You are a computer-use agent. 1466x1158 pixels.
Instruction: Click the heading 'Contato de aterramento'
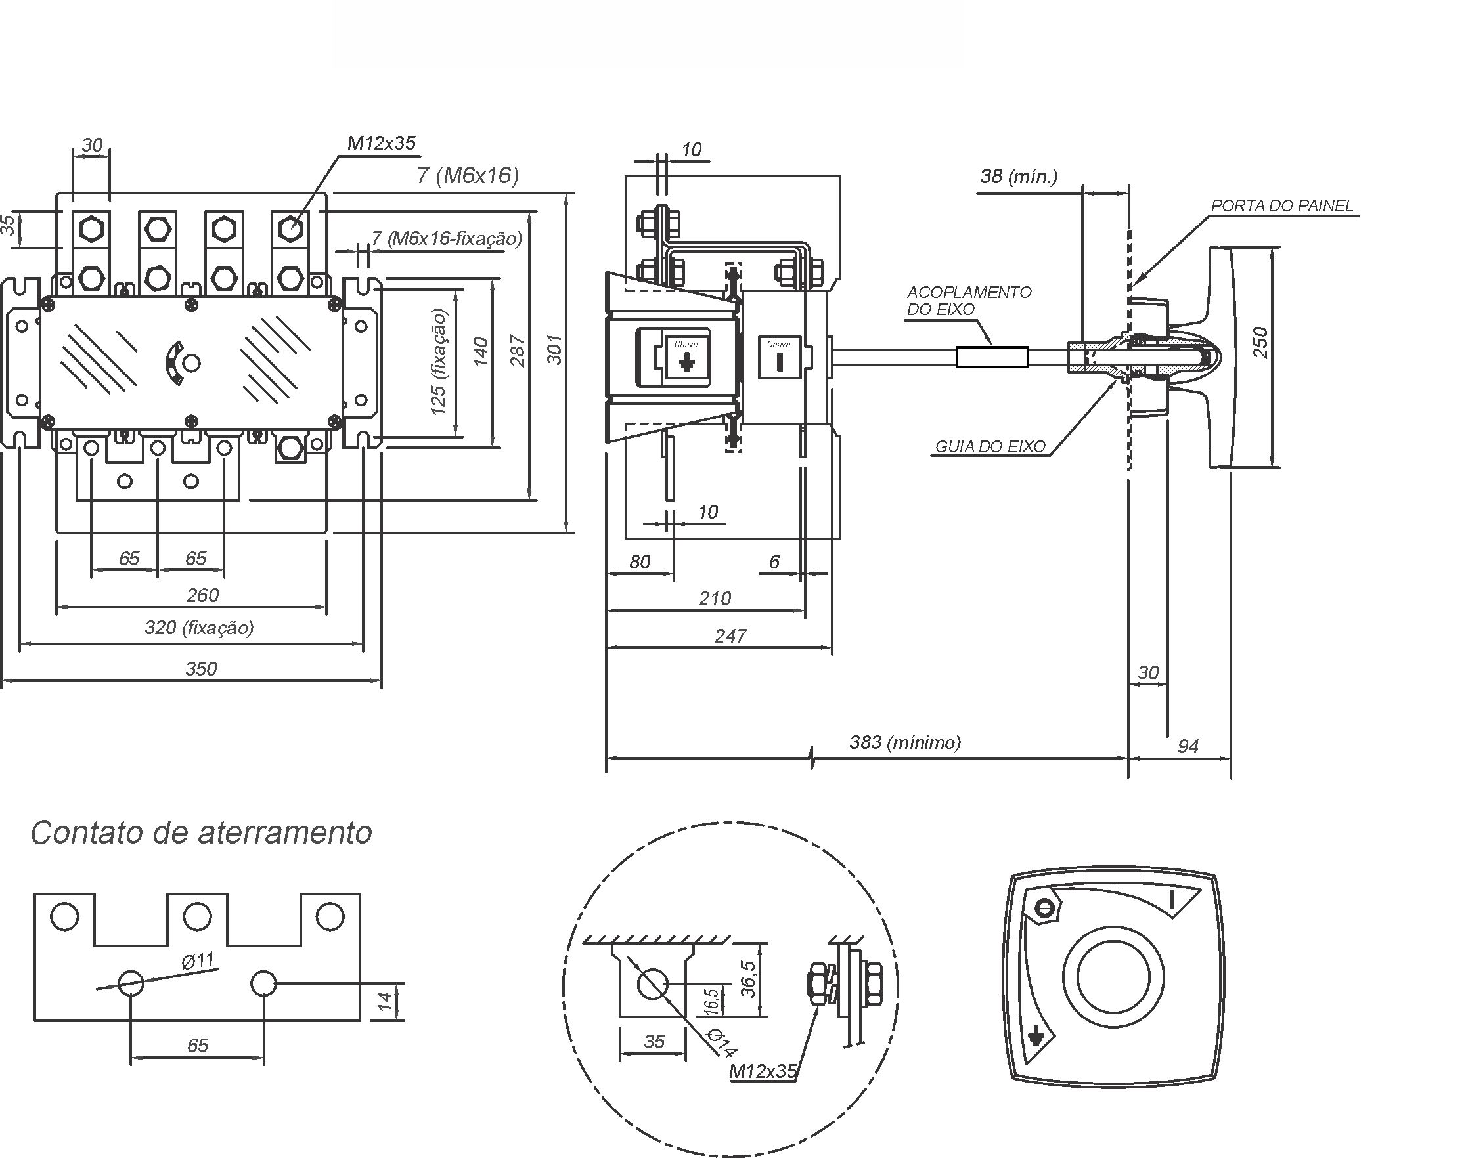202,833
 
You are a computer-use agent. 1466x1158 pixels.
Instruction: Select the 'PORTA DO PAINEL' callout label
1282,205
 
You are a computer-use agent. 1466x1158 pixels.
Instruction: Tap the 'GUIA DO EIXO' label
990,446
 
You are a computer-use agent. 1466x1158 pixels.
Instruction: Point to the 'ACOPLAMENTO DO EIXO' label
969,301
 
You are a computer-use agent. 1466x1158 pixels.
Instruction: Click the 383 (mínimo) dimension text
905,742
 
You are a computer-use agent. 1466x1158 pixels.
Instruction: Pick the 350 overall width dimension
201,668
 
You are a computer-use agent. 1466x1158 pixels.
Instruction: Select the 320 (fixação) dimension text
200,627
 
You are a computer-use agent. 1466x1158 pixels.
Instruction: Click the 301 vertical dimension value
555,350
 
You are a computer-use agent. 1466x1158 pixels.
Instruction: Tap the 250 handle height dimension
1260,343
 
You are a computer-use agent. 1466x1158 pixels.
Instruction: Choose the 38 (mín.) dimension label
1018,177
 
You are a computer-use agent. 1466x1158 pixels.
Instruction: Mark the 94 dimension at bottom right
1188,746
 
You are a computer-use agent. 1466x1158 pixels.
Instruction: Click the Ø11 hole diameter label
198,960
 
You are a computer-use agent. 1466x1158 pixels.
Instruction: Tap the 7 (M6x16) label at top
468,175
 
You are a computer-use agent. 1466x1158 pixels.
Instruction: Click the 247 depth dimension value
730,636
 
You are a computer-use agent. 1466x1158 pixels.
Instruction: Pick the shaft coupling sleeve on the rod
992,357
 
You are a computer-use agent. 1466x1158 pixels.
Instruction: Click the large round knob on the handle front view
1113,977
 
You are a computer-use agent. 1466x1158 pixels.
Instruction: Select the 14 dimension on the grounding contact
386,1001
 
